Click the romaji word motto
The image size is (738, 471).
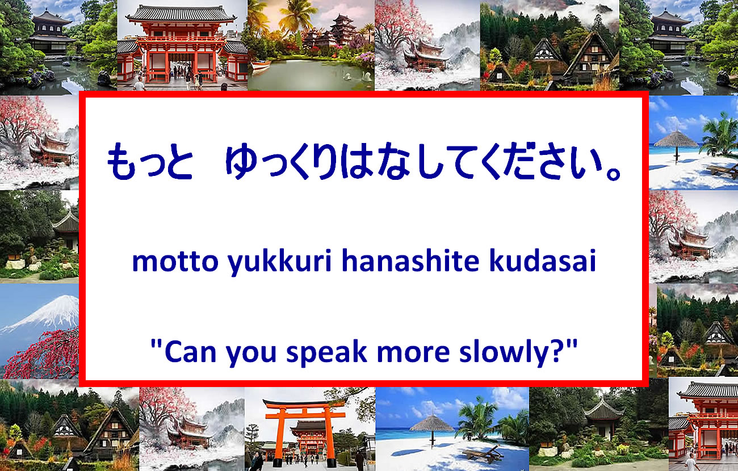[175, 261]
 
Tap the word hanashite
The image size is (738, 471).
[410, 260]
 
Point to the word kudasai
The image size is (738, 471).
[543, 260]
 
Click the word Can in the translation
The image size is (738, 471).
[190, 352]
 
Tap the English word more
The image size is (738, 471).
[413, 354]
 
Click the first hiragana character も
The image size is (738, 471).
[121, 161]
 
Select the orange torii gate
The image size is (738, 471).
[305, 431]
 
